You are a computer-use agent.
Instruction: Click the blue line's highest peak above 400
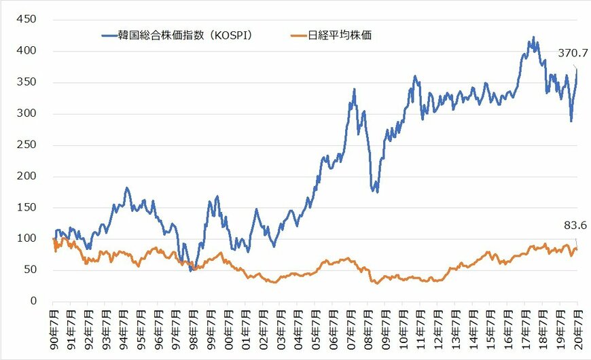point(533,37)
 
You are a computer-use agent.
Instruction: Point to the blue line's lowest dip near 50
point(191,270)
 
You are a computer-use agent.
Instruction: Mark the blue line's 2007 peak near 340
point(355,89)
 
